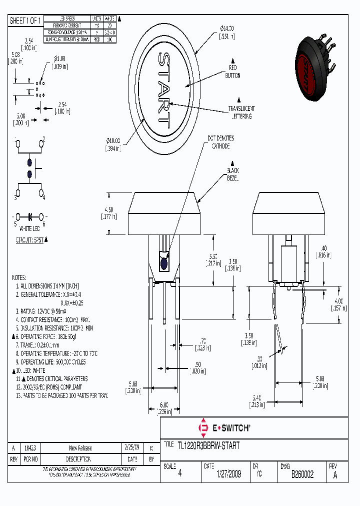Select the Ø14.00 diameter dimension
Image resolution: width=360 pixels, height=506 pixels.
tap(226, 31)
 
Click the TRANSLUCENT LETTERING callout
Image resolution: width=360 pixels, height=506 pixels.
tap(241, 112)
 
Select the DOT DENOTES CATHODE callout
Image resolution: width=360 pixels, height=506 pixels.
tap(220, 142)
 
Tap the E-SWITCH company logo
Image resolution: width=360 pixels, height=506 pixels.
tap(224, 428)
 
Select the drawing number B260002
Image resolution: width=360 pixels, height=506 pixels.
tap(302, 474)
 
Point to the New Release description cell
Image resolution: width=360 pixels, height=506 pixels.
tap(80, 448)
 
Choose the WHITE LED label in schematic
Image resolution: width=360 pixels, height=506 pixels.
tap(29, 228)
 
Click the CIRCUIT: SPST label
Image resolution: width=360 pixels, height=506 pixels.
tap(29, 239)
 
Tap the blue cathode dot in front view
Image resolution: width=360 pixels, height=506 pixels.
tap(163, 263)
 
